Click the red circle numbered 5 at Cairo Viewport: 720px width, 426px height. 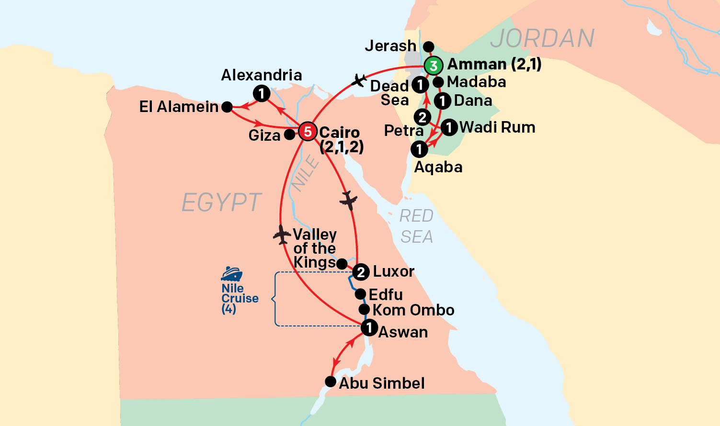308,132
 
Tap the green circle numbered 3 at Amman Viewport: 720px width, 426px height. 433,66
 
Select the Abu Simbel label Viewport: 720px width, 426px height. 382,383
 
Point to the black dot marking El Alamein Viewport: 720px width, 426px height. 227,107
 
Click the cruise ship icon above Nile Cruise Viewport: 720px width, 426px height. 231,274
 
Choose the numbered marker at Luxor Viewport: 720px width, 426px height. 361,272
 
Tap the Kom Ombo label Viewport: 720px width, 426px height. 413,310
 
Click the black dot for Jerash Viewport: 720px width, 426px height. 429,46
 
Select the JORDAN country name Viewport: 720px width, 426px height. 542,38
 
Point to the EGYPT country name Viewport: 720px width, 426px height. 221,202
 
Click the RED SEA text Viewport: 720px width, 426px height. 416,226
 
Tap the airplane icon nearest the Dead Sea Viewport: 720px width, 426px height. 358,80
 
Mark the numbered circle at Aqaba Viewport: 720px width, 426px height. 419,149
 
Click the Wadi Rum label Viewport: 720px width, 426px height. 497,127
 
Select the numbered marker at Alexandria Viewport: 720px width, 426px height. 262,93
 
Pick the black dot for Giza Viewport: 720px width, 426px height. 289,135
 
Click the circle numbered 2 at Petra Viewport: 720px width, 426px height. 422,117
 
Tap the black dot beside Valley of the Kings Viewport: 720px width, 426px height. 342,264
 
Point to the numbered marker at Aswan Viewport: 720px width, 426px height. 369,328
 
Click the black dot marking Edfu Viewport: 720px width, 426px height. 360,294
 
